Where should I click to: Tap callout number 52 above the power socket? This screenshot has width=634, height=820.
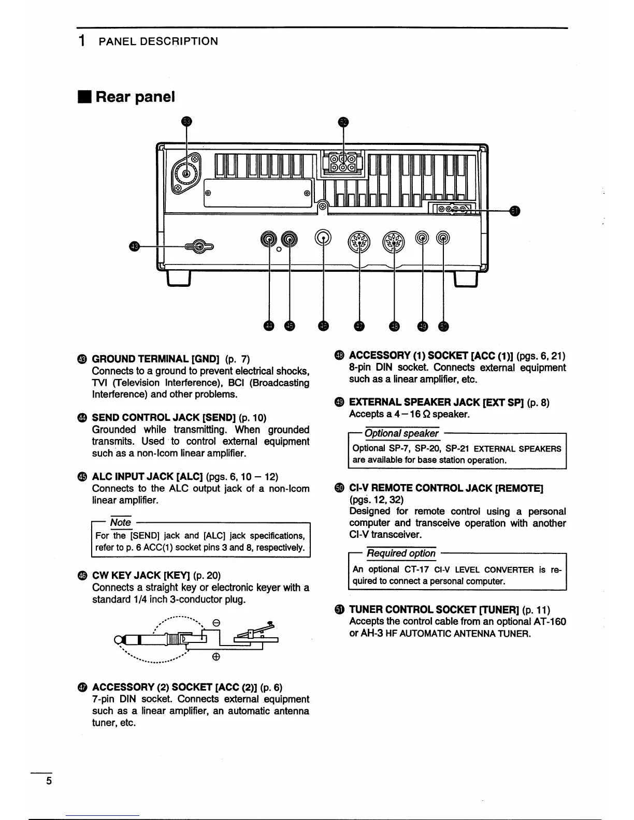point(342,122)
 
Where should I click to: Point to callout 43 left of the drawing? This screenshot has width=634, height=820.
point(135,247)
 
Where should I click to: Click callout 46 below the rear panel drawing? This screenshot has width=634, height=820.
point(324,326)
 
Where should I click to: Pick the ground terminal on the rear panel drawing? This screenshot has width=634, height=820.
point(200,246)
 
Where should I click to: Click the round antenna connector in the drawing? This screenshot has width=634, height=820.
point(185,172)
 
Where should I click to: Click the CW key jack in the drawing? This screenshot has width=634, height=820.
point(324,239)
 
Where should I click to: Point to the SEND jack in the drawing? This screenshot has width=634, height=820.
point(269,239)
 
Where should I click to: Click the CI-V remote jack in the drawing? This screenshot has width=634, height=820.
point(443,238)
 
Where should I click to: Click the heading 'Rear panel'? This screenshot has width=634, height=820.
point(135,97)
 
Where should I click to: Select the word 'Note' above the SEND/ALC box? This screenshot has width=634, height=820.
point(121,523)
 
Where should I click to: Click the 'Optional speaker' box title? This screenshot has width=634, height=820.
point(401,433)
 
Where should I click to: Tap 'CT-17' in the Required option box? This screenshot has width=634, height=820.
point(417,569)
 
